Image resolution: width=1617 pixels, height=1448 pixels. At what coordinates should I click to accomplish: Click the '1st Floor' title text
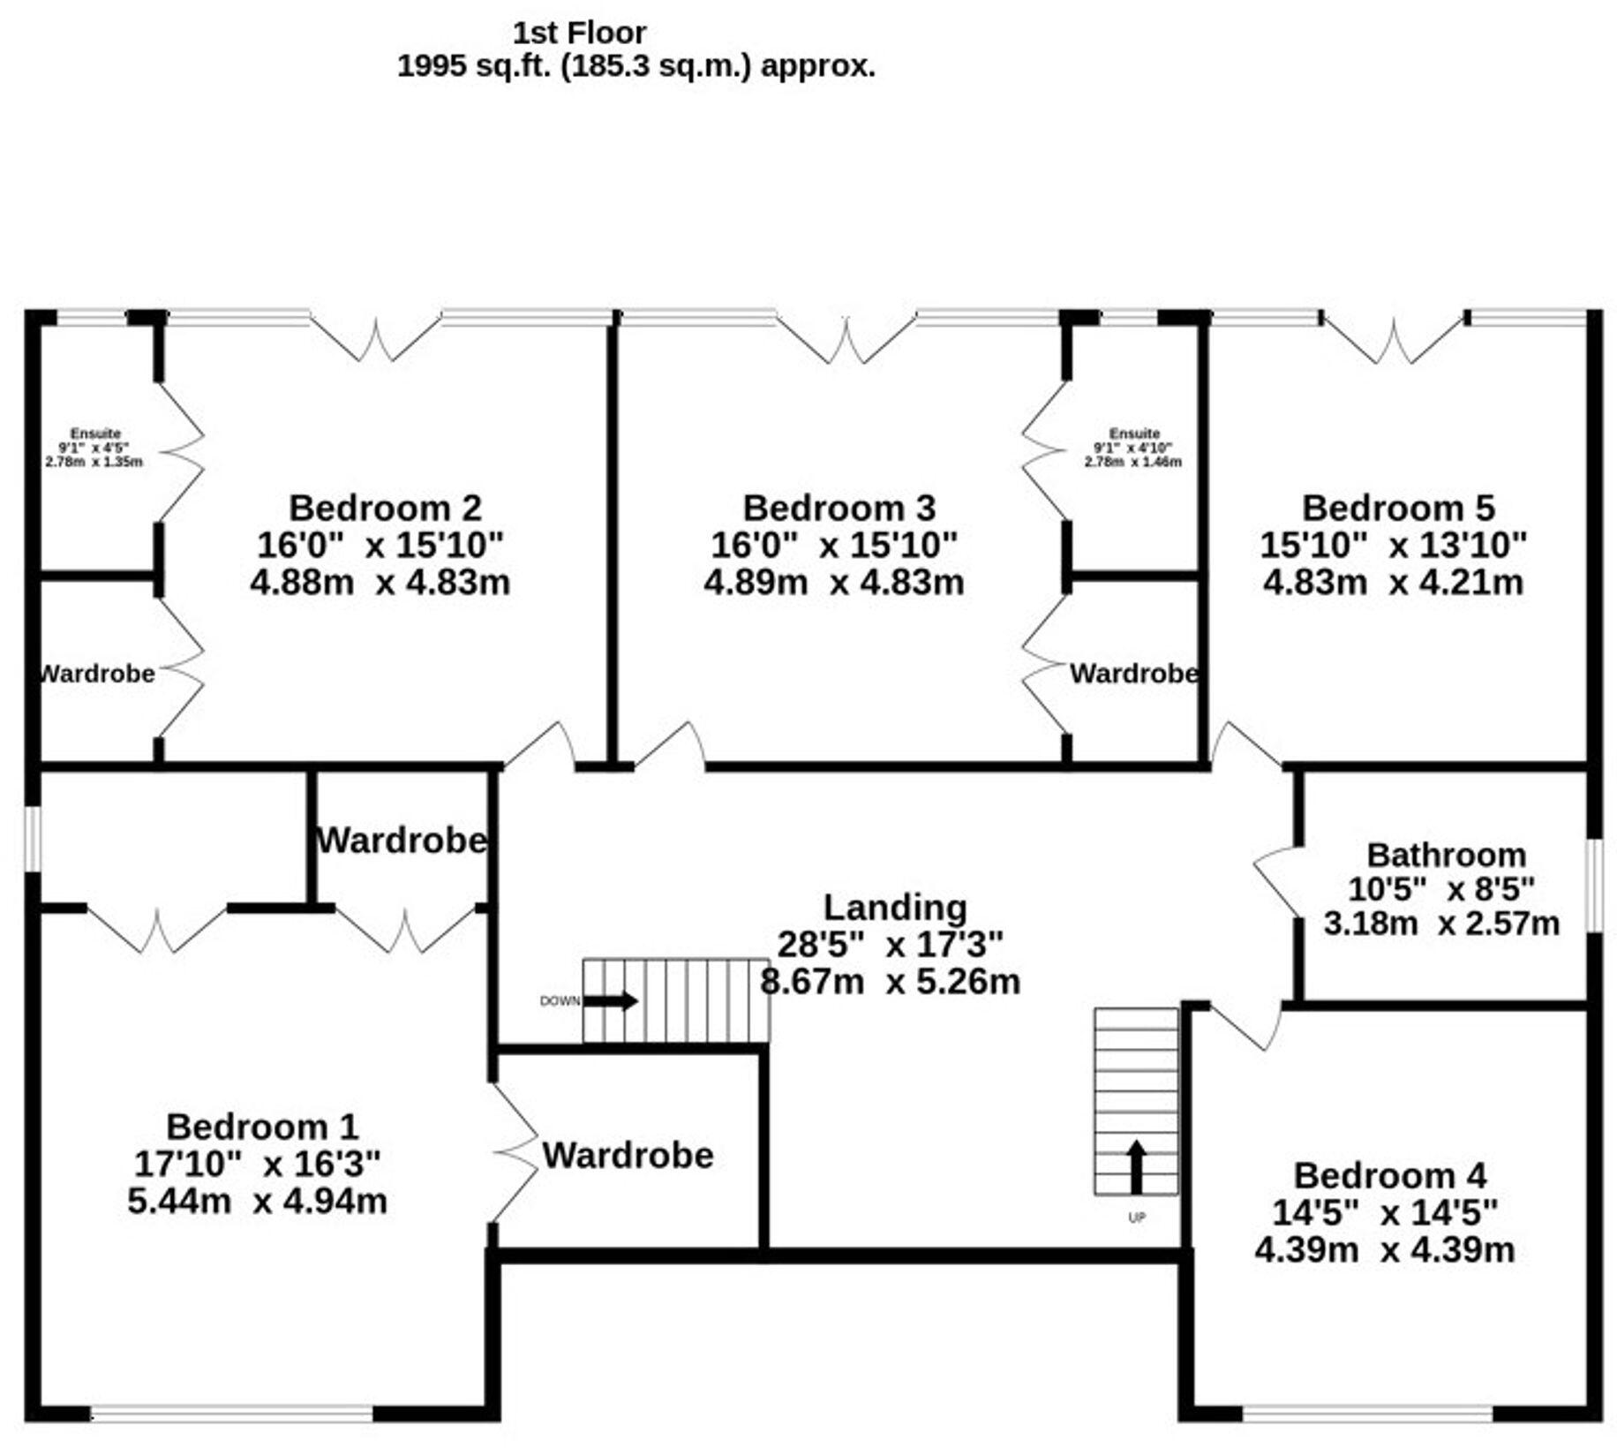click(x=579, y=33)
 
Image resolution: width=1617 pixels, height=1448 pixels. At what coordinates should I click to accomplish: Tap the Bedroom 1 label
click(x=262, y=1127)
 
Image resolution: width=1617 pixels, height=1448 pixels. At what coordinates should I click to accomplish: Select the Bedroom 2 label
click(x=385, y=509)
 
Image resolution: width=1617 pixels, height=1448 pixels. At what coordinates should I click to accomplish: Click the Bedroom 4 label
click(x=1389, y=1176)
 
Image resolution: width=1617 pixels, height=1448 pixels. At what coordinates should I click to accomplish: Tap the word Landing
click(x=894, y=908)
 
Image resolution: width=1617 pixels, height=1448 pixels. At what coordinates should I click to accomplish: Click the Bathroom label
click(x=1446, y=855)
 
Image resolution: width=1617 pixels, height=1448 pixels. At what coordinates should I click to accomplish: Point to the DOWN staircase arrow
click(x=611, y=1001)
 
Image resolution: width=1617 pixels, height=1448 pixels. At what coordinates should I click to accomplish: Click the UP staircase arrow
click(x=1136, y=1166)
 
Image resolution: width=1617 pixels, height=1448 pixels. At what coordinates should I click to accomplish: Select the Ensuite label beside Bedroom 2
click(x=95, y=434)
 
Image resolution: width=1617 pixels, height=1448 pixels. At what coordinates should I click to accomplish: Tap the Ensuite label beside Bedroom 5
click(x=1134, y=434)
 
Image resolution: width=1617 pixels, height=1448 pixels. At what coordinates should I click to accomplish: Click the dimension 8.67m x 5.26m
click(x=890, y=982)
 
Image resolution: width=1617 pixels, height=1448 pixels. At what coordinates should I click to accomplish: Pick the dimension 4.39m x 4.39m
click(x=1384, y=1250)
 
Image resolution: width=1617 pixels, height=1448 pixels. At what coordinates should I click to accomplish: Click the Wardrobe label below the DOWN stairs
click(x=628, y=1155)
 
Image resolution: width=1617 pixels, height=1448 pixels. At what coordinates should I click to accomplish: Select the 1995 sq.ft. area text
click(x=636, y=66)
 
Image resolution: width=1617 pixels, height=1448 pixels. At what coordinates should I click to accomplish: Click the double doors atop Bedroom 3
click(x=846, y=341)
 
